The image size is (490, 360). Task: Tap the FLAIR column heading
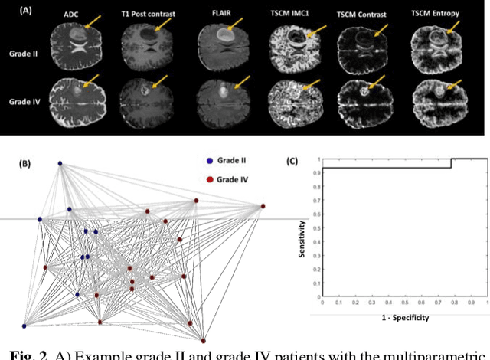pyautogui.click(x=220, y=13)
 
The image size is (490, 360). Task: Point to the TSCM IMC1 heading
pyautogui.click(x=294, y=14)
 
